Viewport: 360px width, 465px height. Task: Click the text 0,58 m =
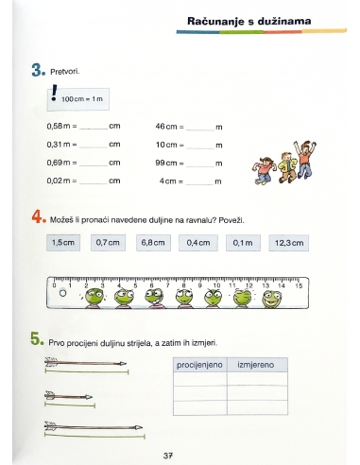tap(61, 126)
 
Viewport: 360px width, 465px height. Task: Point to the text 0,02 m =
tap(61, 181)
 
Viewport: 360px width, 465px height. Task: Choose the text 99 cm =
tap(170, 163)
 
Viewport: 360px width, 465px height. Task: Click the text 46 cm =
tap(170, 126)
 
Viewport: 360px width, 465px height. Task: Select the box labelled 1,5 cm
tap(64, 243)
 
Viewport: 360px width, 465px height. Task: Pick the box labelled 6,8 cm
tap(153, 243)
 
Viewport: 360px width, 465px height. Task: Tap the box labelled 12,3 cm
tap(289, 243)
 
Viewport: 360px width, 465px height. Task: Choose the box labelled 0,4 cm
tap(197, 243)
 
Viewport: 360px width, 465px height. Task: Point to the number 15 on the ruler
tap(300, 284)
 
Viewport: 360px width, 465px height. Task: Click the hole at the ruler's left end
tap(63, 293)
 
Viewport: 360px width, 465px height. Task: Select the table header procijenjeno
tap(199, 364)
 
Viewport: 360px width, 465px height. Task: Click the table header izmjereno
tap(256, 364)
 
